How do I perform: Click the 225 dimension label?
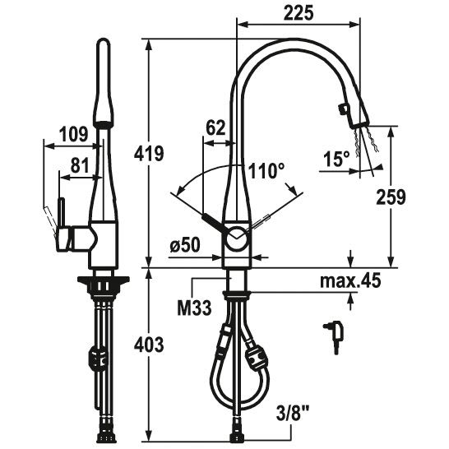click(x=299, y=13)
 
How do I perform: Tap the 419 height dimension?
click(x=149, y=154)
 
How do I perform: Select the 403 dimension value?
click(x=149, y=345)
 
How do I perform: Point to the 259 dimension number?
click(x=391, y=197)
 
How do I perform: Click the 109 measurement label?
click(x=73, y=134)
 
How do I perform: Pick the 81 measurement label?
click(x=79, y=165)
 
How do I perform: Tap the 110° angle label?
click(x=266, y=171)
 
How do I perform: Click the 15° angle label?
click(x=336, y=159)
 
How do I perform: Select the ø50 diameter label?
click(x=185, y=245)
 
